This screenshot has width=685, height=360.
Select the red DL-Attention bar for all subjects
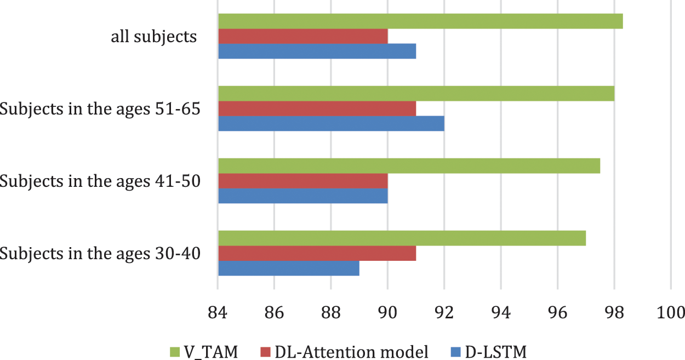pyautogui.click(x=303, y=36)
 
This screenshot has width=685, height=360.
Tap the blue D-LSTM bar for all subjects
pyautogui.click(x=317, y=51)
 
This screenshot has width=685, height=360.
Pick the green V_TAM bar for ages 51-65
pyautogui.click(x=416, y=94)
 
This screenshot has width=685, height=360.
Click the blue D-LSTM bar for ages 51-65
pyautogui.click(x=331, y=123)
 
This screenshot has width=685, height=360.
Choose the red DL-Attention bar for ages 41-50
pyautogui.click(x=303, y=181)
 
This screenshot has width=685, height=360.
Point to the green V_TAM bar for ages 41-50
pyautogui.click(x=409, y=165)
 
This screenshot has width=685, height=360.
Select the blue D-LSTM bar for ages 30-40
pyautogui.click(x=289, y=268)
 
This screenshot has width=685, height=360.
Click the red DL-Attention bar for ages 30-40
pyautogui.click(x=317, y=253)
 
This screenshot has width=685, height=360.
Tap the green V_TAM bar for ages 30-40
pyautogui.click(x=402, y=238)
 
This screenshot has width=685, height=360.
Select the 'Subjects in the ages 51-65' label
pyautogui.click(x=99, y=109)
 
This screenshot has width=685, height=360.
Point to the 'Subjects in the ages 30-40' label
pyautogui.click(x=99, y=254)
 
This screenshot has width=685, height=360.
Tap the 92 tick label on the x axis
pyautogui.click(x=444, y=312)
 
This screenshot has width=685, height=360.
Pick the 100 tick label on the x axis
pyautogui.click(x=670, y=312)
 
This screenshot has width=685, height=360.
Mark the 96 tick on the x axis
pyautogui.click(x=557, y=312)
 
